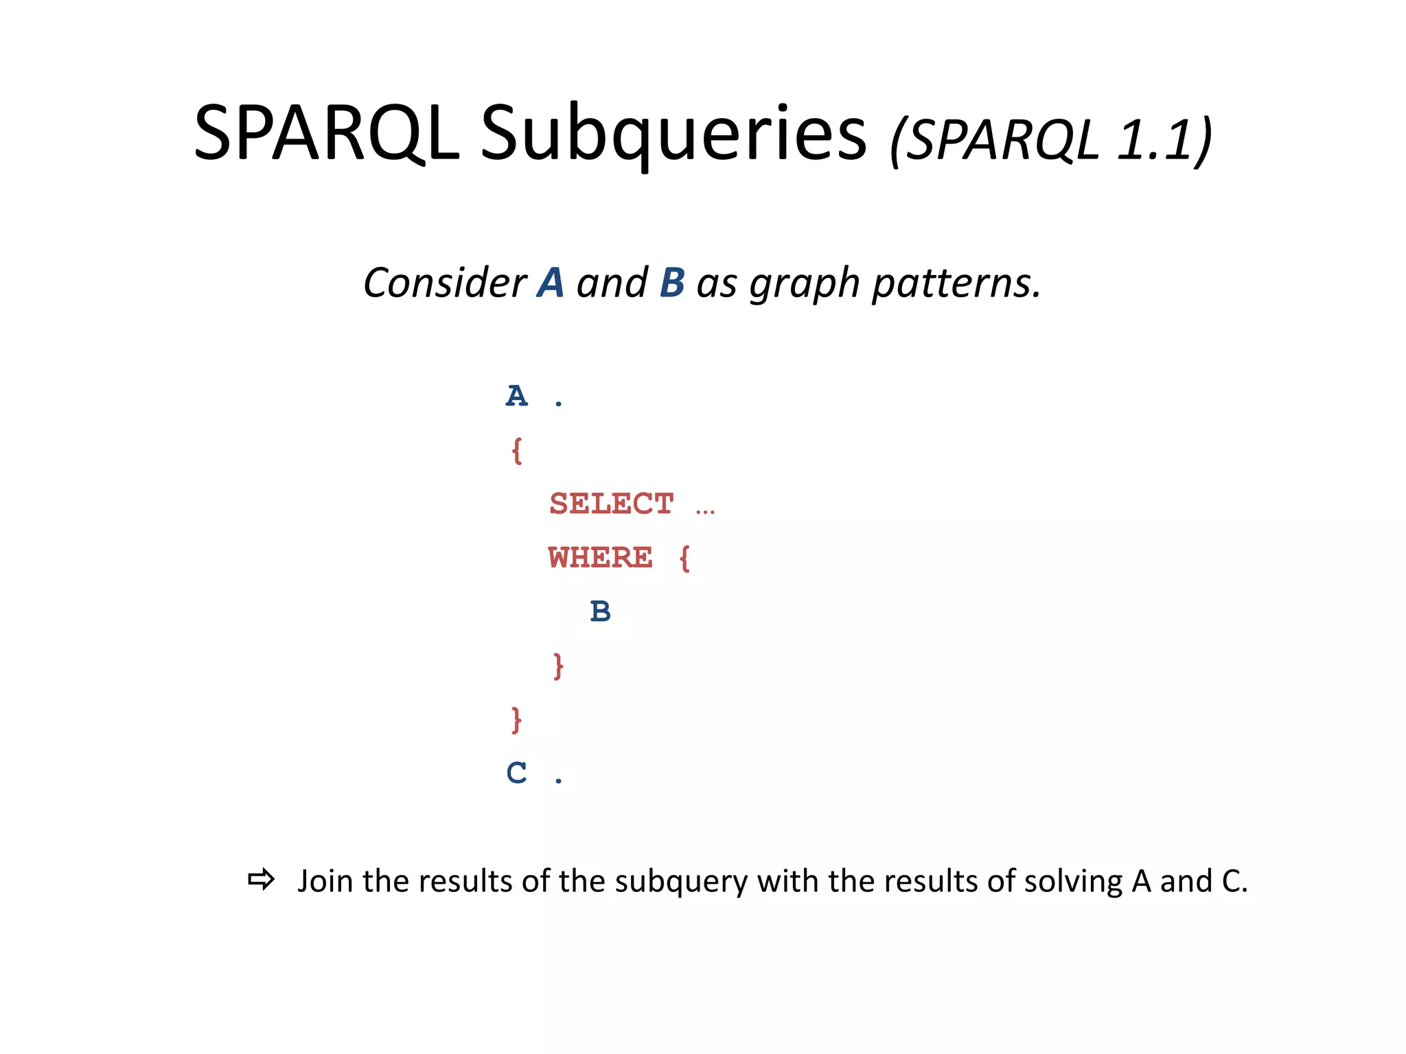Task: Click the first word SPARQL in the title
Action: [326, 134]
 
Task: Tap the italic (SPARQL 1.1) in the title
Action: [1050, 141]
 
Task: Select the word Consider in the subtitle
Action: [445, 283]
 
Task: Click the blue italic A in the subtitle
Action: [551, 283]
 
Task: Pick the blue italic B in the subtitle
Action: [672, 283]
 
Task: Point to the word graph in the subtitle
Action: [805, 284]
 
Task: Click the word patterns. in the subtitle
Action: [956, 284]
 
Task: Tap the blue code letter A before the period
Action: [516, 397]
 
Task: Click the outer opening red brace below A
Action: [516, 451]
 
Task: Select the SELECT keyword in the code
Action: [611, 504]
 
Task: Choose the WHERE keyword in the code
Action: [600, 558]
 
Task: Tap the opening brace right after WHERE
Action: [684, 558]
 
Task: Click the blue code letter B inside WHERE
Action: [600, 611]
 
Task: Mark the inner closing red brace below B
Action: [558, 666]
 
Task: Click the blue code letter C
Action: [516, 773]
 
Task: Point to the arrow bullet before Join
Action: [261, 880]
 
